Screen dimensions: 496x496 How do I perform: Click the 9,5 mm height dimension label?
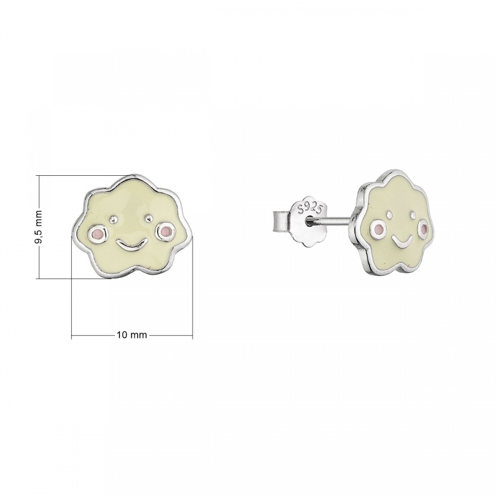[39, 227]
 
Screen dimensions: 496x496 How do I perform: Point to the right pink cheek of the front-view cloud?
[164, 231]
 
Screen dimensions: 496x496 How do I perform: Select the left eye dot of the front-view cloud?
[113, 219]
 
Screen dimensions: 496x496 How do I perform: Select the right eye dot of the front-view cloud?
[148, 217]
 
